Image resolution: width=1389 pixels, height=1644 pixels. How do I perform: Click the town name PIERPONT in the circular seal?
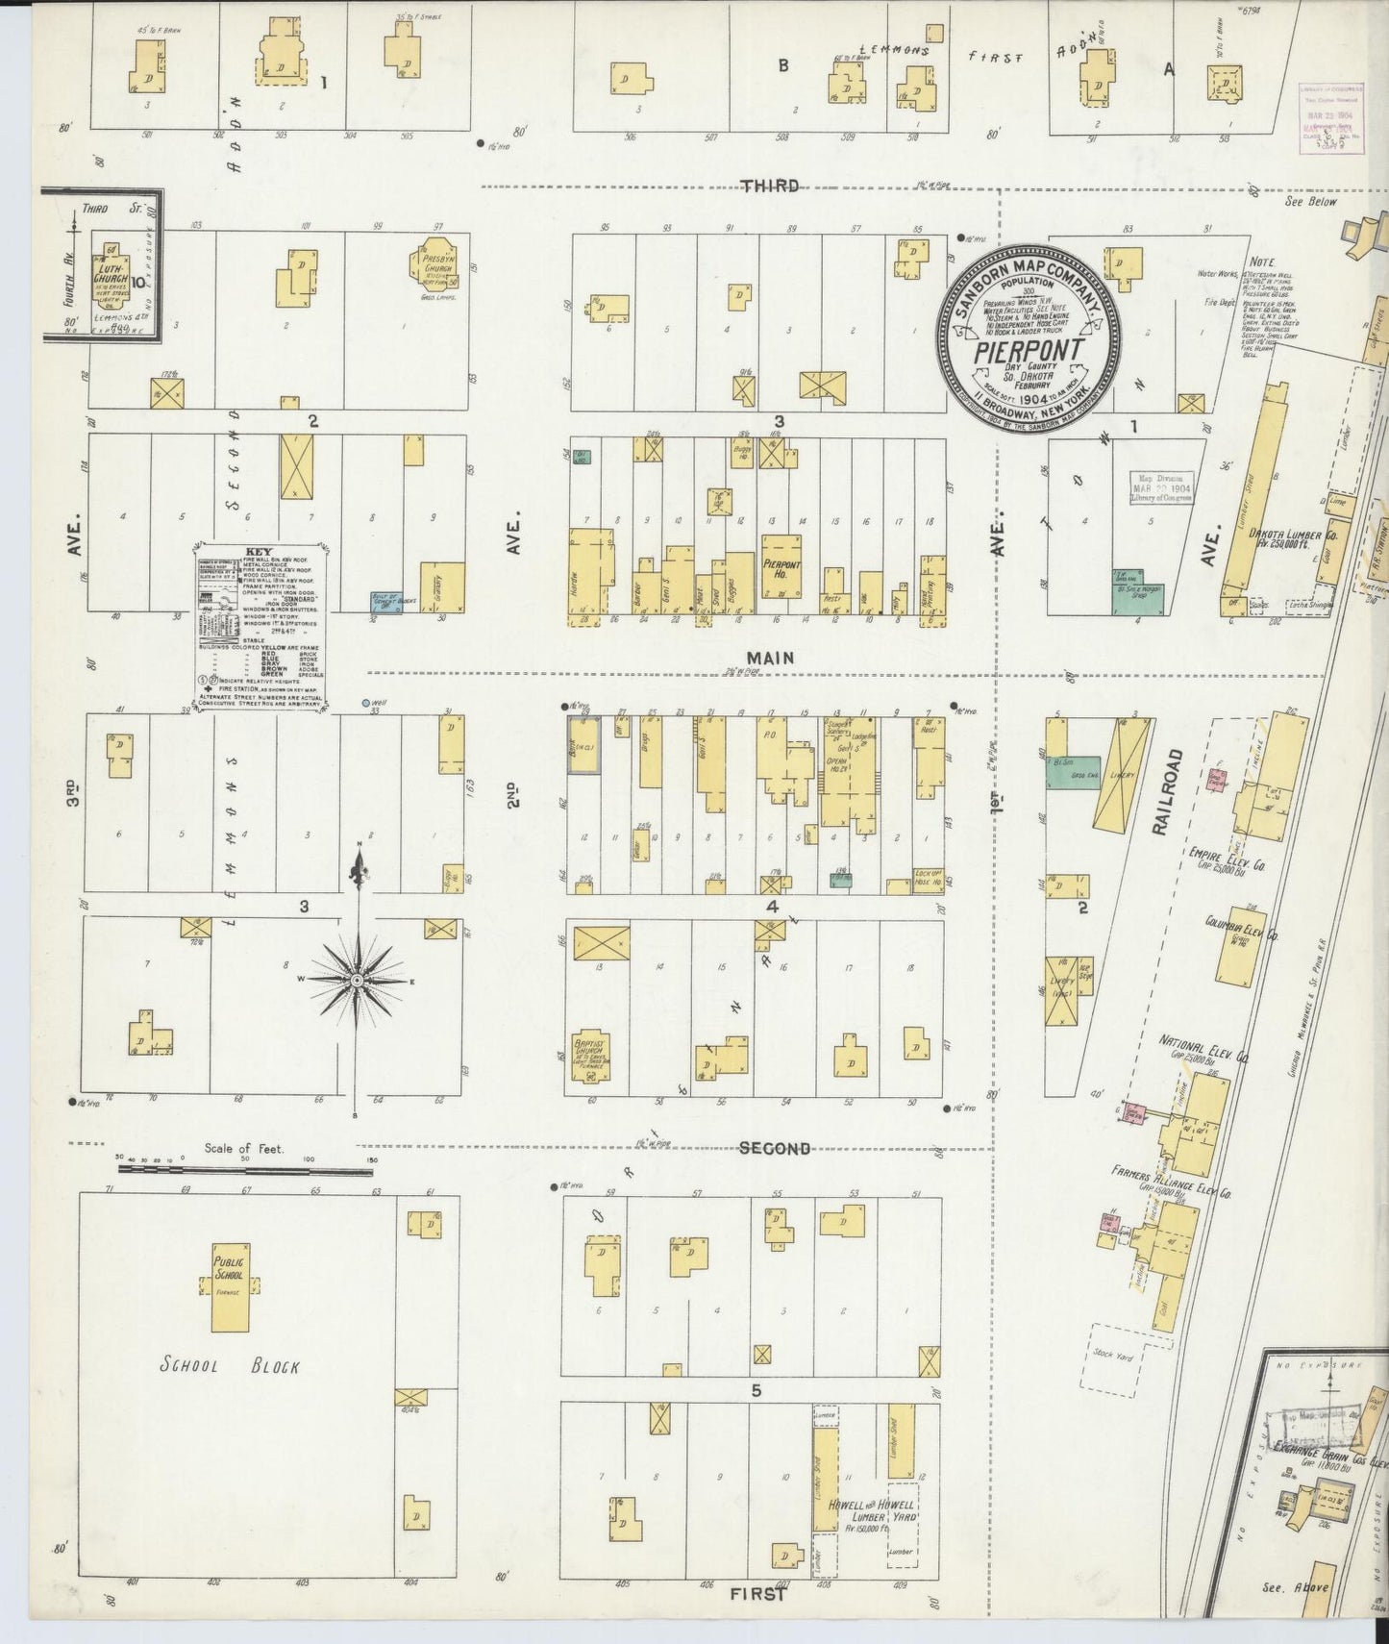click(1028, 351)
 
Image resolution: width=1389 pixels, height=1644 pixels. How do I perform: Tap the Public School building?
click(230, 1286)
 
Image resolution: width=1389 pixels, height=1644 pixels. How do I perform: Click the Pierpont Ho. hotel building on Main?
click(781, 567)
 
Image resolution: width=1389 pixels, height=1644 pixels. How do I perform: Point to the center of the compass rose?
click(358, 979)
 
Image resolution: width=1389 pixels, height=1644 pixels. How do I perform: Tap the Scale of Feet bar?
click(245, 1169)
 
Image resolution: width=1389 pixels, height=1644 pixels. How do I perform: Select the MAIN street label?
click(771, 658)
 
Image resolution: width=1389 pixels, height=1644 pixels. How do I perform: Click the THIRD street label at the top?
click(770, 186)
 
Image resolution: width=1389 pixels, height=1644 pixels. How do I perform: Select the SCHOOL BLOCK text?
click(230, 1365)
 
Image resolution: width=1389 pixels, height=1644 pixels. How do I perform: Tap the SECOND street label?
click(775, 1148)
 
